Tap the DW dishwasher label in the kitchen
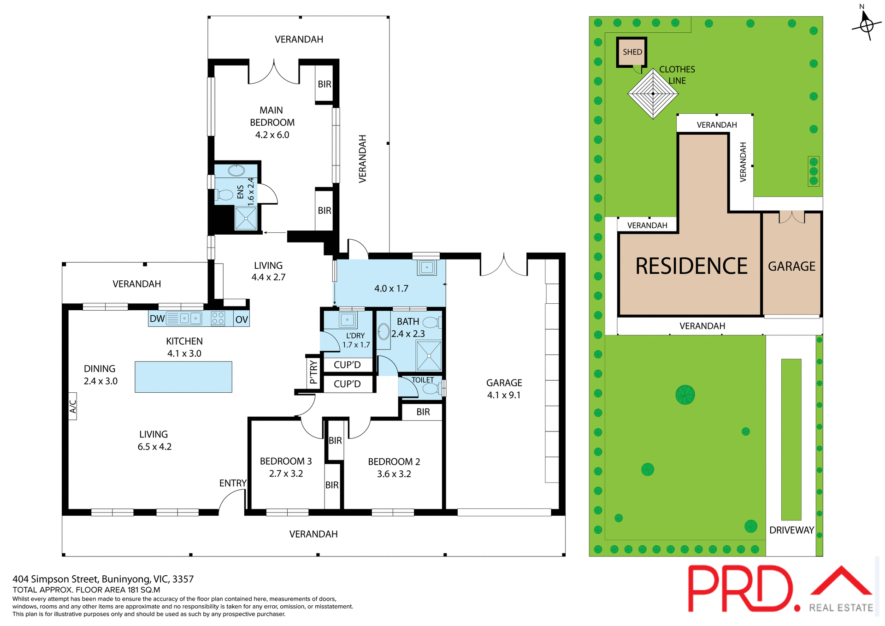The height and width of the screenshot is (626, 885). tap(157, 319)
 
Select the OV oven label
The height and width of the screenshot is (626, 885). tap(242, 319)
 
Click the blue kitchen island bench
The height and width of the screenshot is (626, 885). tap(183, 377)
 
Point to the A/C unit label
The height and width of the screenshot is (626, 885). tap(73, 406)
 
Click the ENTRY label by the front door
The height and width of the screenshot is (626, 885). tap(232, 483)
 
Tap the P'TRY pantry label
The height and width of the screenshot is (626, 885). tap(313, 372)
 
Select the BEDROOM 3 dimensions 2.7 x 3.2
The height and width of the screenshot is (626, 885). tap(286, 474)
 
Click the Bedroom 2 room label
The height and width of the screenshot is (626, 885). tap(394, 461)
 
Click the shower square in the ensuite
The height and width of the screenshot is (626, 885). tap(246, 218)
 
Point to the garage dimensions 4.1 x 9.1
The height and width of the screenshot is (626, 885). tap(504, 395)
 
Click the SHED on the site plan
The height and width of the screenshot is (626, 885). tap(632, 52)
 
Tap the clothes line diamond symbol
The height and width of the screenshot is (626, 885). tap(653, 94)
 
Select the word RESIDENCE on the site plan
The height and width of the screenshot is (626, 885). tap(691, 266)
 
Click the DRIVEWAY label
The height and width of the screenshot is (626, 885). tap(791, 530)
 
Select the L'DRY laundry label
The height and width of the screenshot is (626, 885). tap(355, 336)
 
